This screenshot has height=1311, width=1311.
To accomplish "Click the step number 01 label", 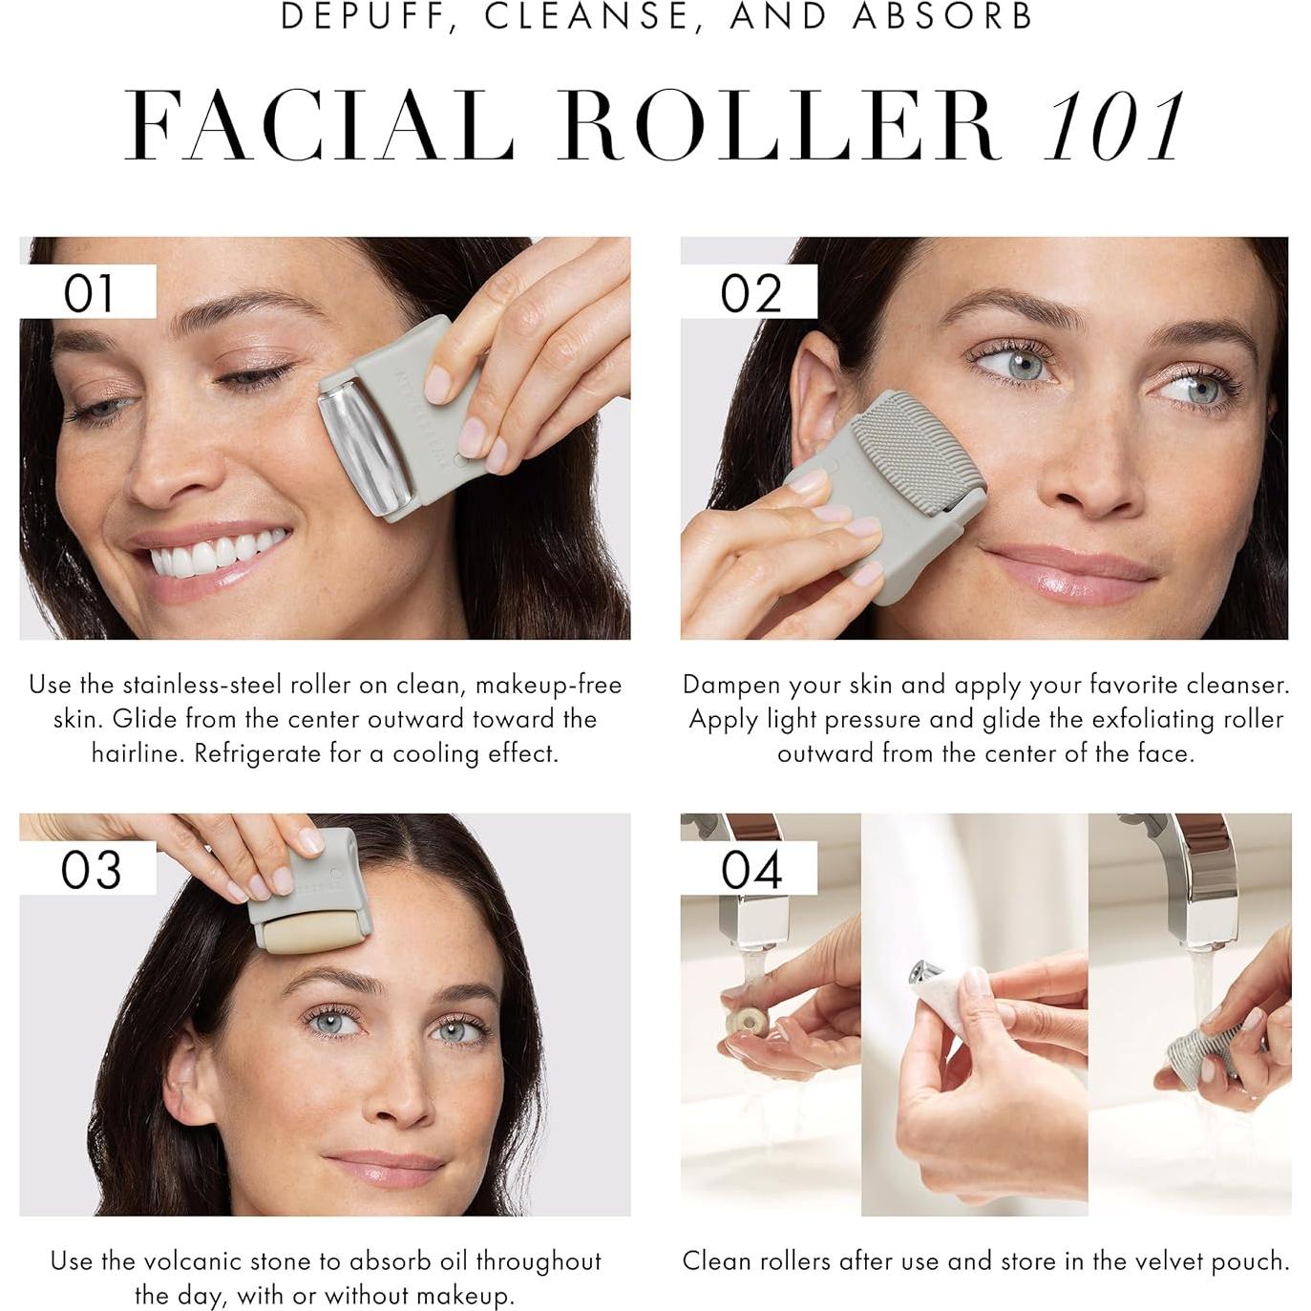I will tap(88, 292).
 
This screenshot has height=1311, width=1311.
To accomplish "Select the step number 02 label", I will tap(751, 292).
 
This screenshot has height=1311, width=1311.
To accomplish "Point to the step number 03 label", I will tap(91, 869).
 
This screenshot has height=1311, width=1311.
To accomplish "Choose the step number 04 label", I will tap(751, 869).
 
